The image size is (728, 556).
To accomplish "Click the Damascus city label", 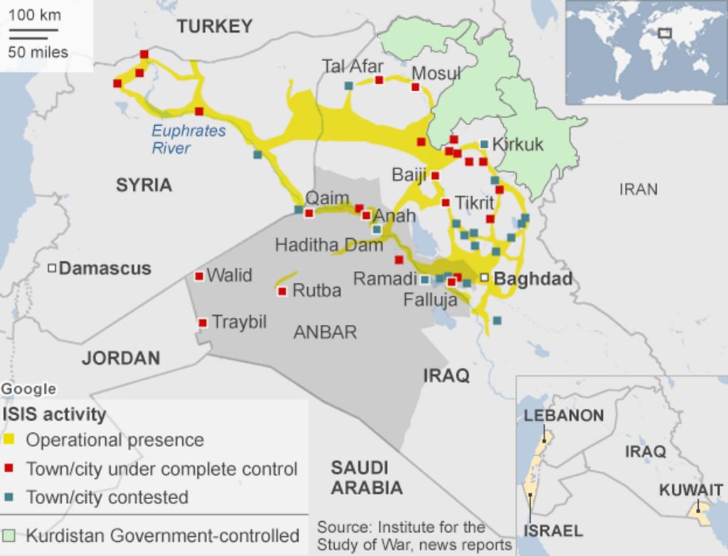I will coord(105,268).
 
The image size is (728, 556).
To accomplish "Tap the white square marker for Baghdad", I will coord(484,277).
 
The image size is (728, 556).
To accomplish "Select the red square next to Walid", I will coord(199,276).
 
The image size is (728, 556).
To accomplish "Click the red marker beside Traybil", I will coord(203,323).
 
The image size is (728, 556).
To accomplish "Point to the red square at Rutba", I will coord(282,291).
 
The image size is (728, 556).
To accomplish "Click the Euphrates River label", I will coord(188,139).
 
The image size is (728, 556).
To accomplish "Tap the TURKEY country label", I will coord(215,27).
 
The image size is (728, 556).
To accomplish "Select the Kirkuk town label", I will coord(518,144).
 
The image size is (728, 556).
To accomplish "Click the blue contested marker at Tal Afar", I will coord(348,86).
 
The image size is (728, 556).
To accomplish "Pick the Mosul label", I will coord(437,73).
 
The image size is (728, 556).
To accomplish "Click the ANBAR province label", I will coord(325,332).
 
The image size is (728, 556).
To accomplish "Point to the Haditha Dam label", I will coord(328,245).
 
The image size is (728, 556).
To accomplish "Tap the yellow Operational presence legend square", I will coord(9,440).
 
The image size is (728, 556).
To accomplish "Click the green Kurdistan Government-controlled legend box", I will coord(9,535).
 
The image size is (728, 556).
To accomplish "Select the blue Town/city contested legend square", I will coord(9,497).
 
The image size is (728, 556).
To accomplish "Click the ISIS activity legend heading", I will coord(54,414).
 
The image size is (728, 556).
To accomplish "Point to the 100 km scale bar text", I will coord(35,15).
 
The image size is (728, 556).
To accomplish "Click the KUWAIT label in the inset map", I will coord(690,490).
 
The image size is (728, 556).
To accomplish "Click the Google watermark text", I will coord(28,389).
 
